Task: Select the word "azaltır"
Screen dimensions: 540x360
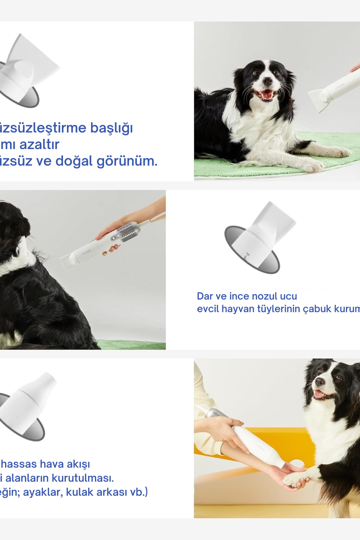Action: tap(39, 144)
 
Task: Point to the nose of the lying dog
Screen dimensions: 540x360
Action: tap(267, 81)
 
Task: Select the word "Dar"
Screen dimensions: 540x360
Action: tap(205, 296)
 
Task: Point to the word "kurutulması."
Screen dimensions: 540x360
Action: tap(86, 478)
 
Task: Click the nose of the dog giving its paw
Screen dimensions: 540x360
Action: tap(319, 383)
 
